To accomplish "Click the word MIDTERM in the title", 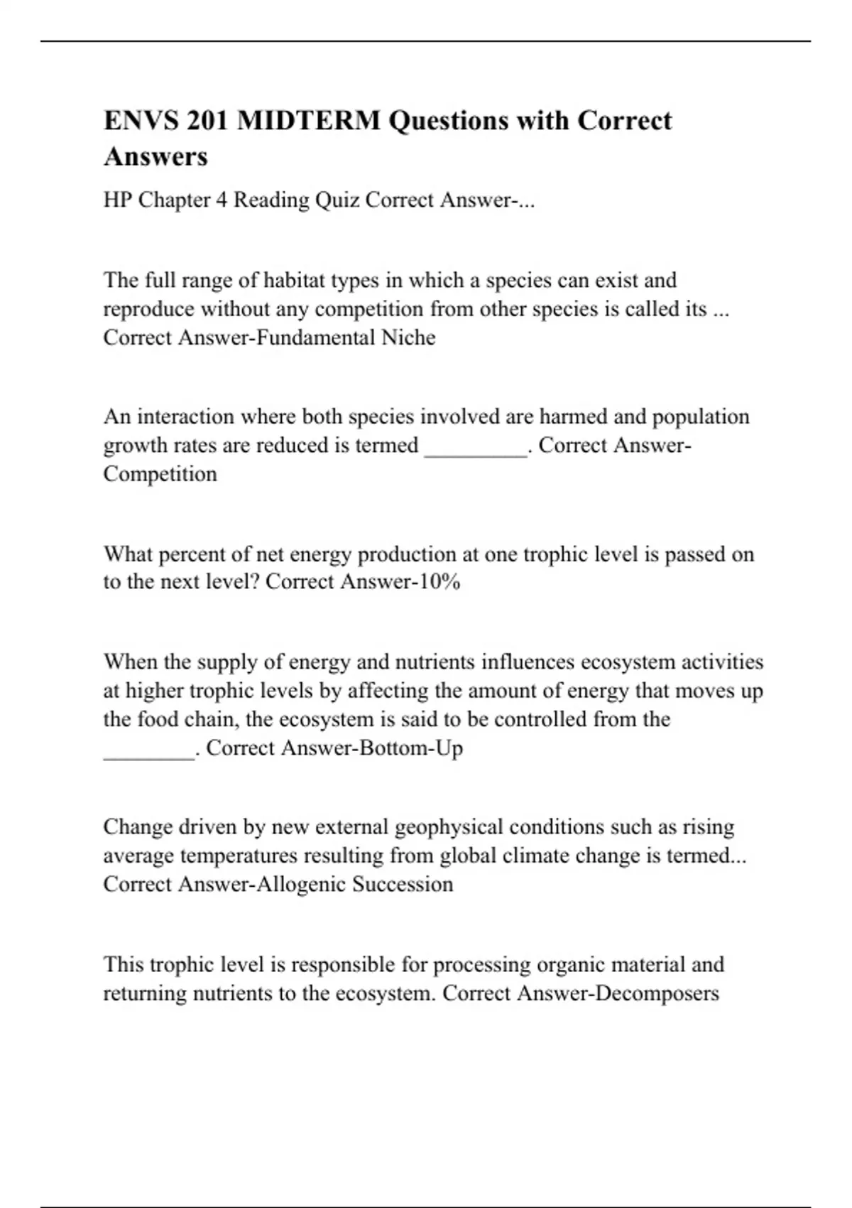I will (x=308, y=121).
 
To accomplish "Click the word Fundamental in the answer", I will (x=315, y=337).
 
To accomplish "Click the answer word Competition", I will (x=160, y=474).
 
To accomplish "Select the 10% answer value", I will (x=439, y=582).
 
